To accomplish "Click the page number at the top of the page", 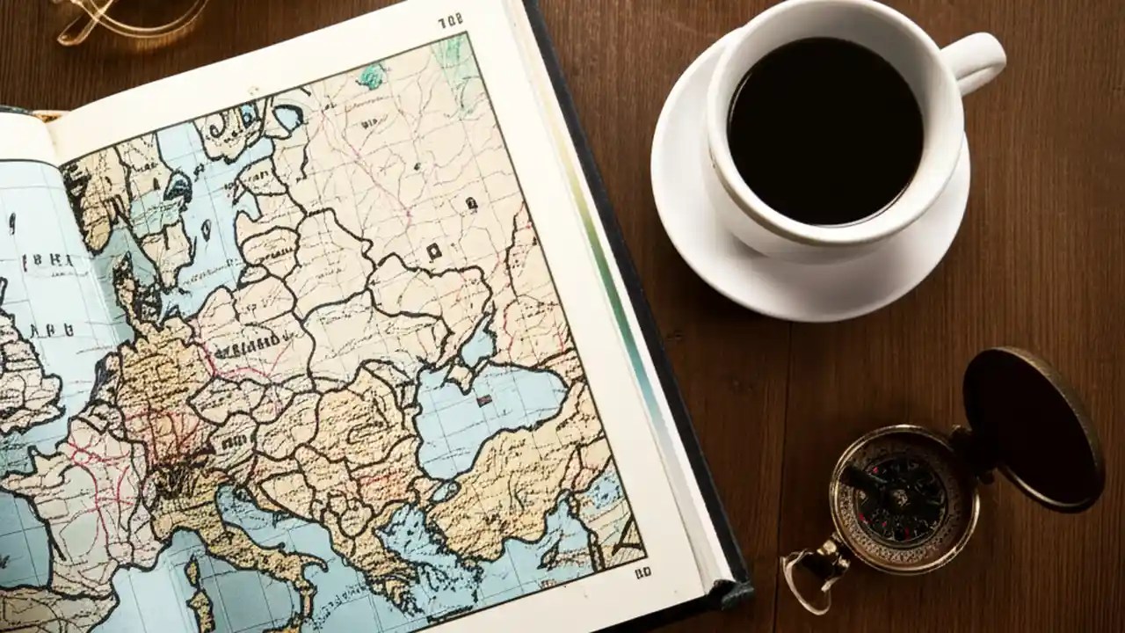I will [450, 21].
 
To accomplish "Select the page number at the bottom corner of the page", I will [642, 573].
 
